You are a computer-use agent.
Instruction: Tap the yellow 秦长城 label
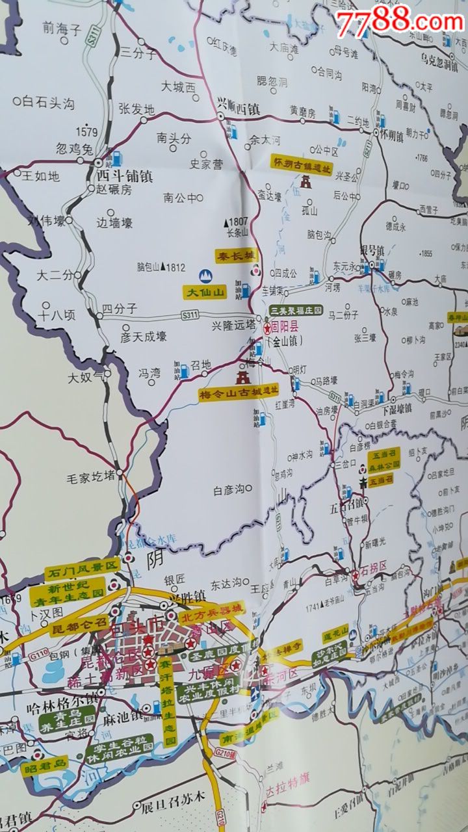[x=237, y=255]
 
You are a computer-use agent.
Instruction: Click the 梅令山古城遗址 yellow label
[x=239, y=393]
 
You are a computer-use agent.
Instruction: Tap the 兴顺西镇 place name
[x=238, y=109]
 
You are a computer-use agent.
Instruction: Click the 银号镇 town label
[x=372, y=250]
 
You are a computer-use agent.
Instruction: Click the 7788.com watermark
[x=399, y=23]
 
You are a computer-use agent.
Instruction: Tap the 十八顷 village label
[x=57, y=315]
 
